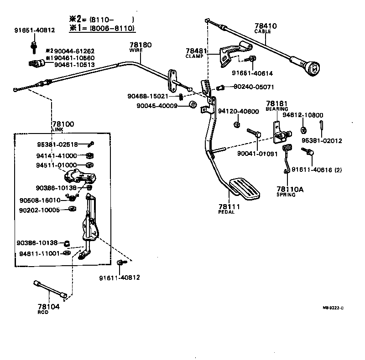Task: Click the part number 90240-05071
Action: click(x=254, y=86)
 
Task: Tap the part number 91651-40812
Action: click(x=34, y=30)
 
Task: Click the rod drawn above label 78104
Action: click(x=51, y=289)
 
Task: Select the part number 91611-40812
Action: click(x=120, y=277)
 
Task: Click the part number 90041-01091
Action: click(x=257, y=154)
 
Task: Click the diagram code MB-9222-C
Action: click(x=334, y=308)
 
